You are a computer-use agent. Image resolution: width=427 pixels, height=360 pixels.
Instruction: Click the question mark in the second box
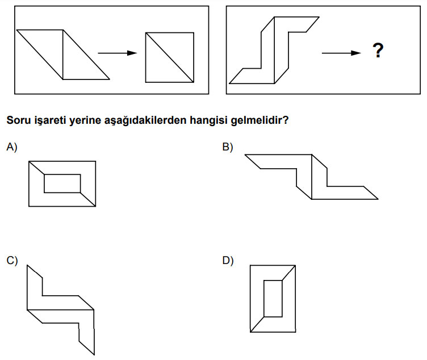(378, 52)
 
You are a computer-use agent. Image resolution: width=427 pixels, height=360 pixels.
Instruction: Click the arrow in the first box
(118, 53)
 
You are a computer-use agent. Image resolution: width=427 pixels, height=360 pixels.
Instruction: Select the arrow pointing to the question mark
(341, 53)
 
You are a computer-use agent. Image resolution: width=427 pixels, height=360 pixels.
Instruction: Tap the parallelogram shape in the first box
(62, 55)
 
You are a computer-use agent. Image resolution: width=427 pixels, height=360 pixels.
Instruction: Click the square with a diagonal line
(169, 57)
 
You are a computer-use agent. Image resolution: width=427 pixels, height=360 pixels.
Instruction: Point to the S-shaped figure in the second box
(274, 50)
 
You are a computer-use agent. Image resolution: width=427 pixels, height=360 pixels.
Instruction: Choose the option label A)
(12, 147)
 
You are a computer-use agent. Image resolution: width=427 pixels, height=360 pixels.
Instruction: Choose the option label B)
(228, 147)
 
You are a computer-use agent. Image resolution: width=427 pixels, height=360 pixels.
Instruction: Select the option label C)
(12, 261)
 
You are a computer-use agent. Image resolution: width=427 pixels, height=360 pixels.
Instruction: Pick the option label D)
(228, 261)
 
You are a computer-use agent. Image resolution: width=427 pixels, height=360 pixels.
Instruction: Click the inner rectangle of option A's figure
(62, 183)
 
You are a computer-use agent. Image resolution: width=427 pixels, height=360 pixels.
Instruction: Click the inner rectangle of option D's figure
(273, 298)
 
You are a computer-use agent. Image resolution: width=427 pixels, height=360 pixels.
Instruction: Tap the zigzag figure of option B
(311, 176)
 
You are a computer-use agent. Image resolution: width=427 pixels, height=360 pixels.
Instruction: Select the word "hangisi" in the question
(211, 120)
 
